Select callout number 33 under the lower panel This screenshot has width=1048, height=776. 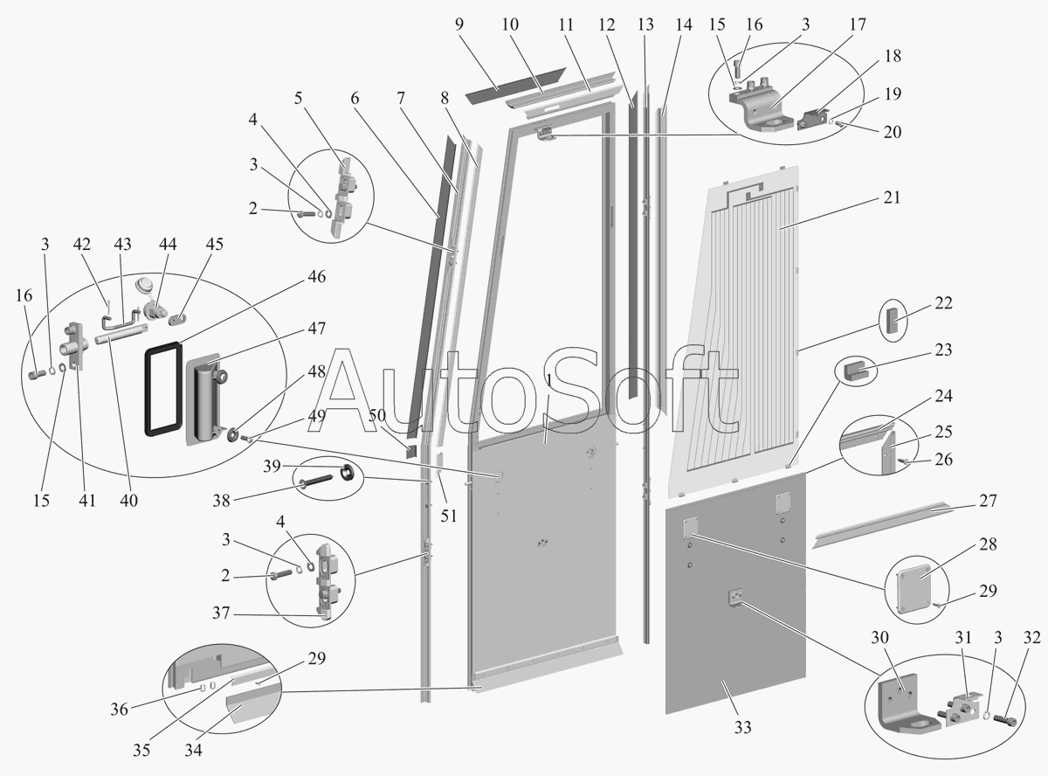[x=742, y=726]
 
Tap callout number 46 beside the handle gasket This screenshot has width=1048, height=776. [x=316, y=277]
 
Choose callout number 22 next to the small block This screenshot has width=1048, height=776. [x=942, y=304]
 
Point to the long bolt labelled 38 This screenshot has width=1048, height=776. [x=320, y=481]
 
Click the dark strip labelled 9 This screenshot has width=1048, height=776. [x=494, y=87]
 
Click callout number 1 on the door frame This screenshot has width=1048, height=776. [x=548, y=381]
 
